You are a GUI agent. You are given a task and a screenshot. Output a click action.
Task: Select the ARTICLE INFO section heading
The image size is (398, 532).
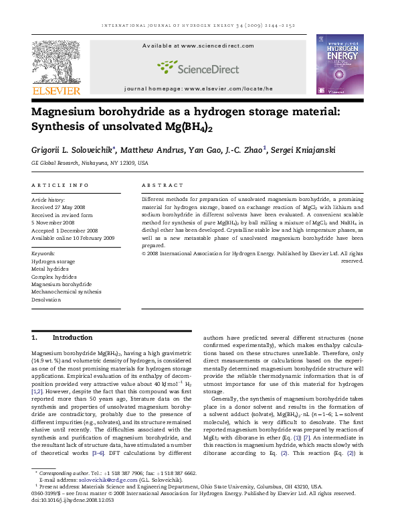tap(60, 185)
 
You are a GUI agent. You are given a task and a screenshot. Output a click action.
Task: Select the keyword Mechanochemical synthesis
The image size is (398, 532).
tap(66, 292)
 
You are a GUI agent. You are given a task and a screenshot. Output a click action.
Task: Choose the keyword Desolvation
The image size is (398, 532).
tap(46, 300)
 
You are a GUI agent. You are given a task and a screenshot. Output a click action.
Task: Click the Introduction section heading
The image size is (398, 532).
tap(72, 338)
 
